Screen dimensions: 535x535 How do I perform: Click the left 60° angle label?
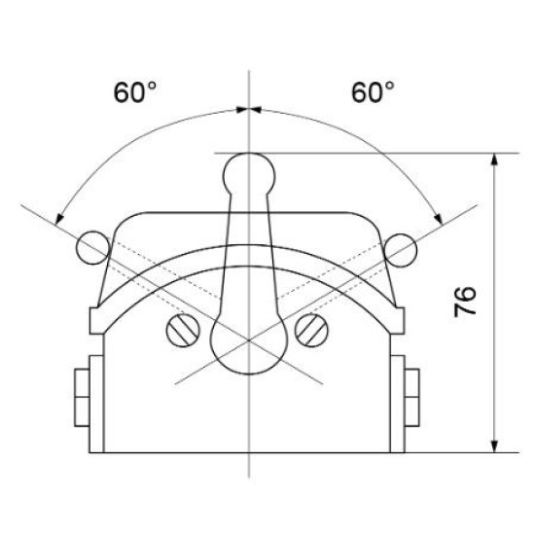135,92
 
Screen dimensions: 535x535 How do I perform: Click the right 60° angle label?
373,92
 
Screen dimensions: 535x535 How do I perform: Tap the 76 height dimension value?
465,302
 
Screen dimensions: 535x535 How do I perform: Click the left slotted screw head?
183,331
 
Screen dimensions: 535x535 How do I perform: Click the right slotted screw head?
311,331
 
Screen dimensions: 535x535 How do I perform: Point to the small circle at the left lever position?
92,248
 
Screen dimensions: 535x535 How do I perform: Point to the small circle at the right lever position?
400,250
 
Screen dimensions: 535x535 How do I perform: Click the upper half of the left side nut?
82,383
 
